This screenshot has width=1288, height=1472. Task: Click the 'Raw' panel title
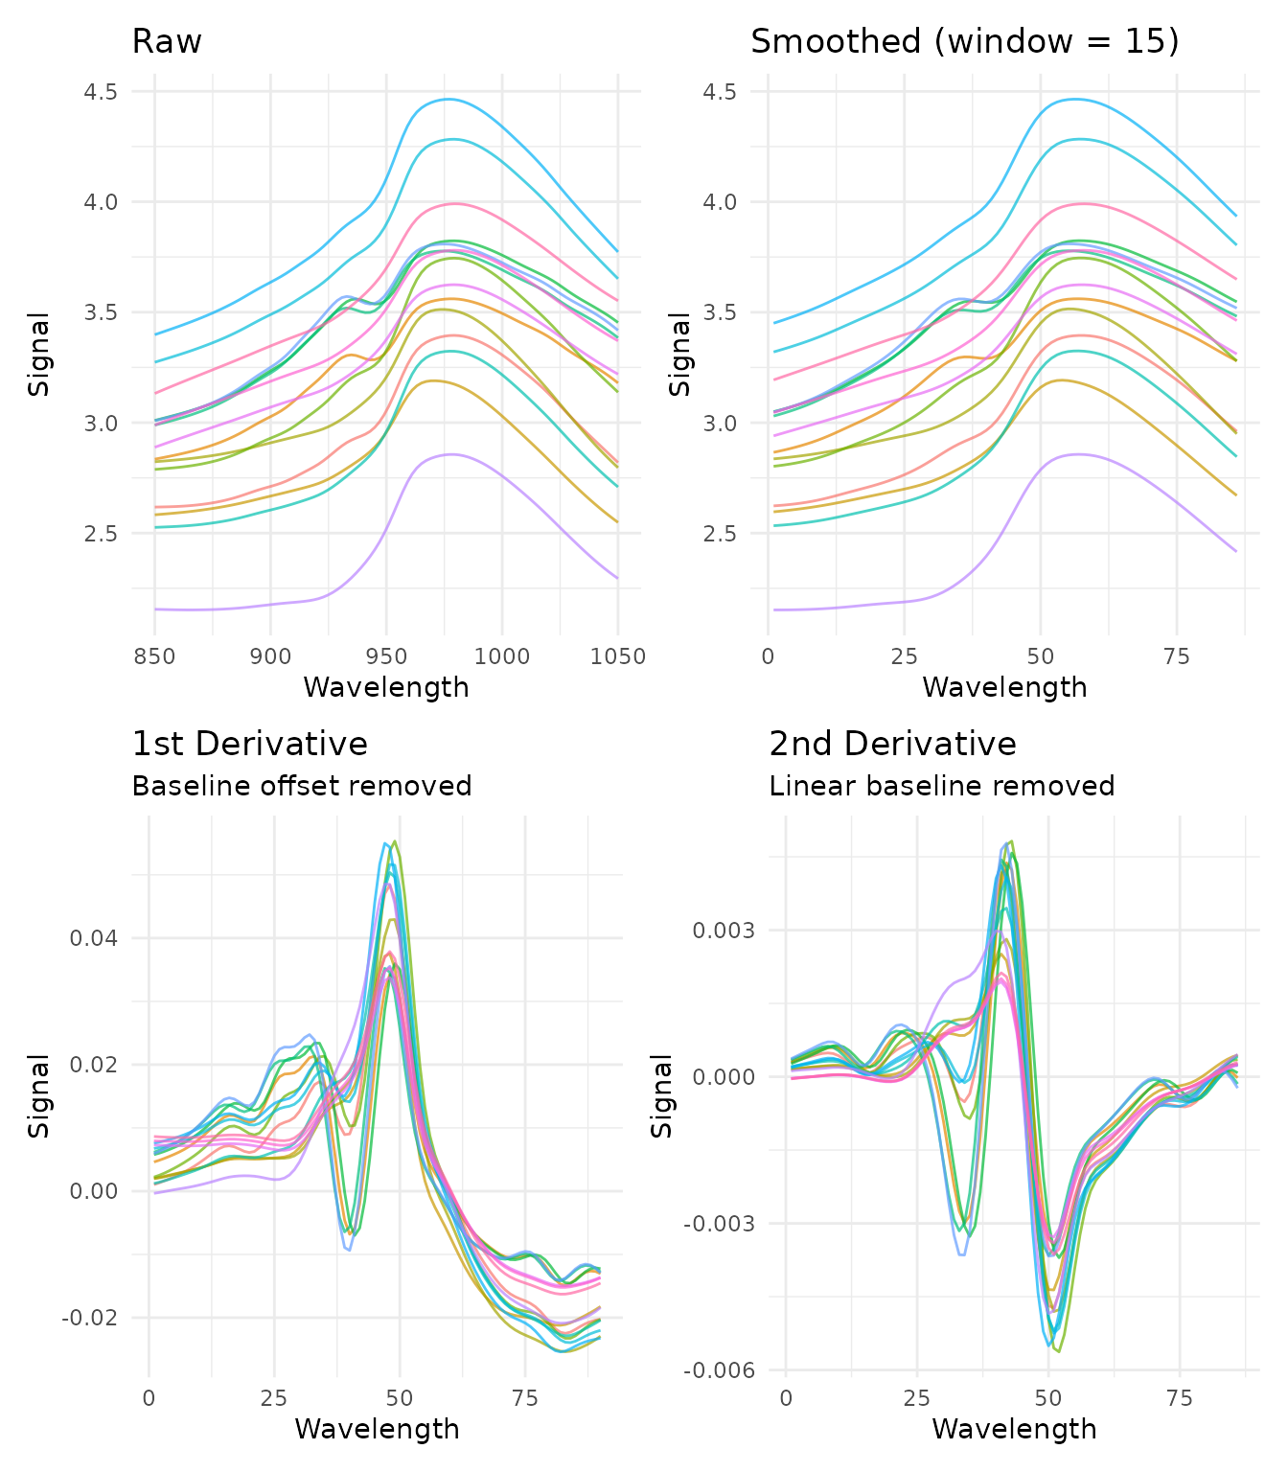167,42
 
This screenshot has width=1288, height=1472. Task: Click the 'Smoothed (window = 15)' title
964,42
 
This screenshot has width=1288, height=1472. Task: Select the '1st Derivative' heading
249,745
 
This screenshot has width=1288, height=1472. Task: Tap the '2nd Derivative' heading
892,745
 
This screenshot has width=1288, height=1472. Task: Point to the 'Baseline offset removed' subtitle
301,787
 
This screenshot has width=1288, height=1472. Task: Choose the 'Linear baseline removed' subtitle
941,787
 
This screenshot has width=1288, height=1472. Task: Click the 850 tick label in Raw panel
154,656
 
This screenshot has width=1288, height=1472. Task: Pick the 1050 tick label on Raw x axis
618,656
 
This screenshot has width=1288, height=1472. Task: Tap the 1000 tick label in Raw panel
502,656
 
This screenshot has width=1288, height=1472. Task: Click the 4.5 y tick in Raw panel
101,92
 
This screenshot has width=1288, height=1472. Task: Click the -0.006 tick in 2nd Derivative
718,1370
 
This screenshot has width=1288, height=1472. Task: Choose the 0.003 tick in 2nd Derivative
723,931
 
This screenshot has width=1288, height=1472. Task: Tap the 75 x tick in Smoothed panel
1177,656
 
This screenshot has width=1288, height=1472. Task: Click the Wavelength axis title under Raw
386,687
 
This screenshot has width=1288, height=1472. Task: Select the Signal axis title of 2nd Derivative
662,1095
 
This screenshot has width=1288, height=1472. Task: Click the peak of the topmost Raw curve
448,99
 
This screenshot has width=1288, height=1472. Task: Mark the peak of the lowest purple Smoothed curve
1079,454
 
